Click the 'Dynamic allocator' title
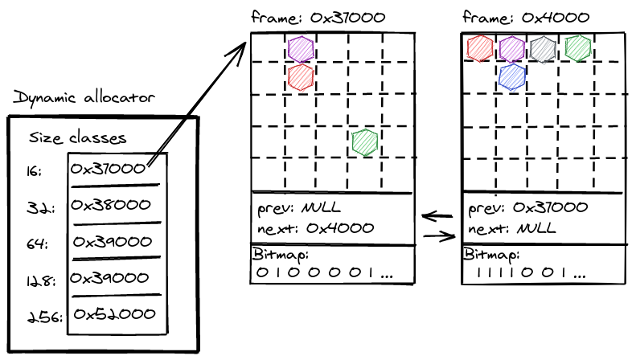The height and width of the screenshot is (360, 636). [x=84, y=98]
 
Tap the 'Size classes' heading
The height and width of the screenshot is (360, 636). [x=77, y=138]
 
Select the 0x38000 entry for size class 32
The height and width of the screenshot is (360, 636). [x=111, y=205]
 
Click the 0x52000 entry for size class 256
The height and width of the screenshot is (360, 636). [x=114, y=313]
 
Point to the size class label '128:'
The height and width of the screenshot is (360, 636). [x=40, y=280]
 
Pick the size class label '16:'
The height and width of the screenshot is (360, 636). [x=34, y=171]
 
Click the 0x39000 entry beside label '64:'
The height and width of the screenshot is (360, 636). [x=113, y=242]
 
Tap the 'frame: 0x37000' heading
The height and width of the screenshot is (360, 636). [x=318, y=18]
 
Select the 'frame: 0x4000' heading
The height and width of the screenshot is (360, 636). [x=526, y=18]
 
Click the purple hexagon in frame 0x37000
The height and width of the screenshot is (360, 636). [x=301, y=49]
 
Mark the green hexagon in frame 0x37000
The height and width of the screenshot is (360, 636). [x=365, y=143]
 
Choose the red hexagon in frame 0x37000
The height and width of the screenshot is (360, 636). [x=301, y=77]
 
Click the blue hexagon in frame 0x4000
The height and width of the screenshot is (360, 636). [x=512, y=77]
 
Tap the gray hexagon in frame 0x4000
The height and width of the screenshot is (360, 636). [x=543, y=50]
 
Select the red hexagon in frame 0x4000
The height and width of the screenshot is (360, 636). [x=480, y=49]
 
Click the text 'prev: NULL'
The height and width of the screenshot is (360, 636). [x=299, y=208]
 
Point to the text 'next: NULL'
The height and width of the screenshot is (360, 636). [x=511, y=228]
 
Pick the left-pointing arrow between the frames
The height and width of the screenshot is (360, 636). [x=437, y=216]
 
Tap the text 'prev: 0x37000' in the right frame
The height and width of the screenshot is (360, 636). [x=527, y=208]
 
